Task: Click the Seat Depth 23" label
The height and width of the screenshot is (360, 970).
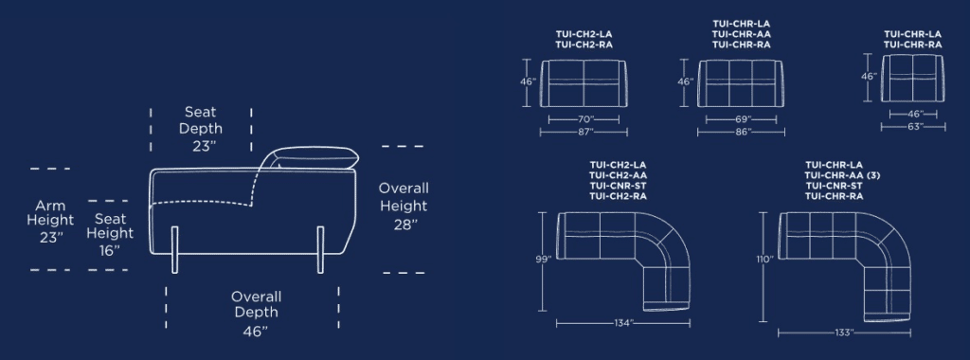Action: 201,129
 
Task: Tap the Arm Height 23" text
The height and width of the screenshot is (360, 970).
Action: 50,222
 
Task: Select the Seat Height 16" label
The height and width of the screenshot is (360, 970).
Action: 110,234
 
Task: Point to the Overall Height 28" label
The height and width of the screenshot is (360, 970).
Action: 404,206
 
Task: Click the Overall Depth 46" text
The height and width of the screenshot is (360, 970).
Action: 256,314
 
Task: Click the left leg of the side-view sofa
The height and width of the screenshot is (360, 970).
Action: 174,250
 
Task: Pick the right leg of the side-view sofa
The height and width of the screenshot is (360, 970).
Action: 320,250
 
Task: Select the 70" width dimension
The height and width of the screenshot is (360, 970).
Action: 584,119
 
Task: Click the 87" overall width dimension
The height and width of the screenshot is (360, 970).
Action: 584,132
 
